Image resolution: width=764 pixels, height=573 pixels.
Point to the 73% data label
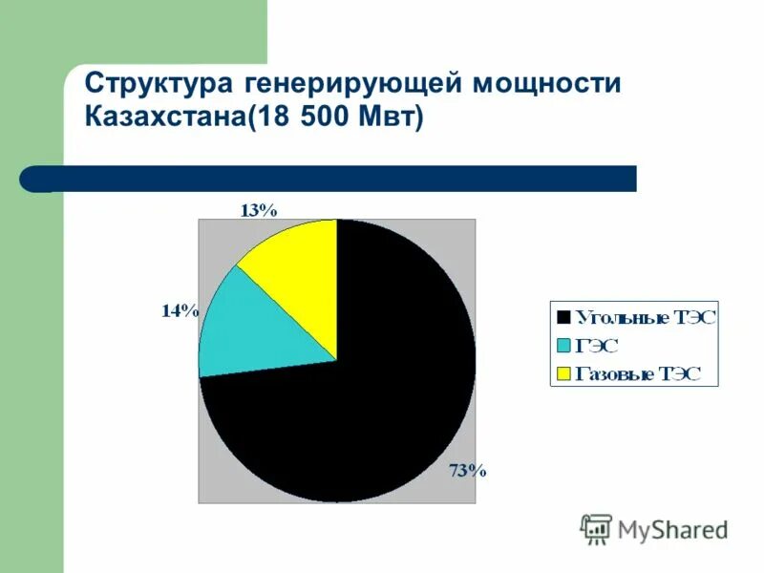pyautogui.click(x=468, y=470)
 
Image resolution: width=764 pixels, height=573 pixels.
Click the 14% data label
pyautogui.click(x=180, y=310)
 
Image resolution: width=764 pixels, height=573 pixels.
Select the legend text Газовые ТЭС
pyautogui.click(x=636, y=372)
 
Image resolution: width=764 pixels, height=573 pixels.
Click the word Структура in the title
pyautogui.click(x=154, y=84)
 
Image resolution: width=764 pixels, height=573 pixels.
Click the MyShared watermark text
pyautogui.click(x=672, y=529)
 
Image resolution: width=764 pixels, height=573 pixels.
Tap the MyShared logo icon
pyautogui.click(x=596, y=528)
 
